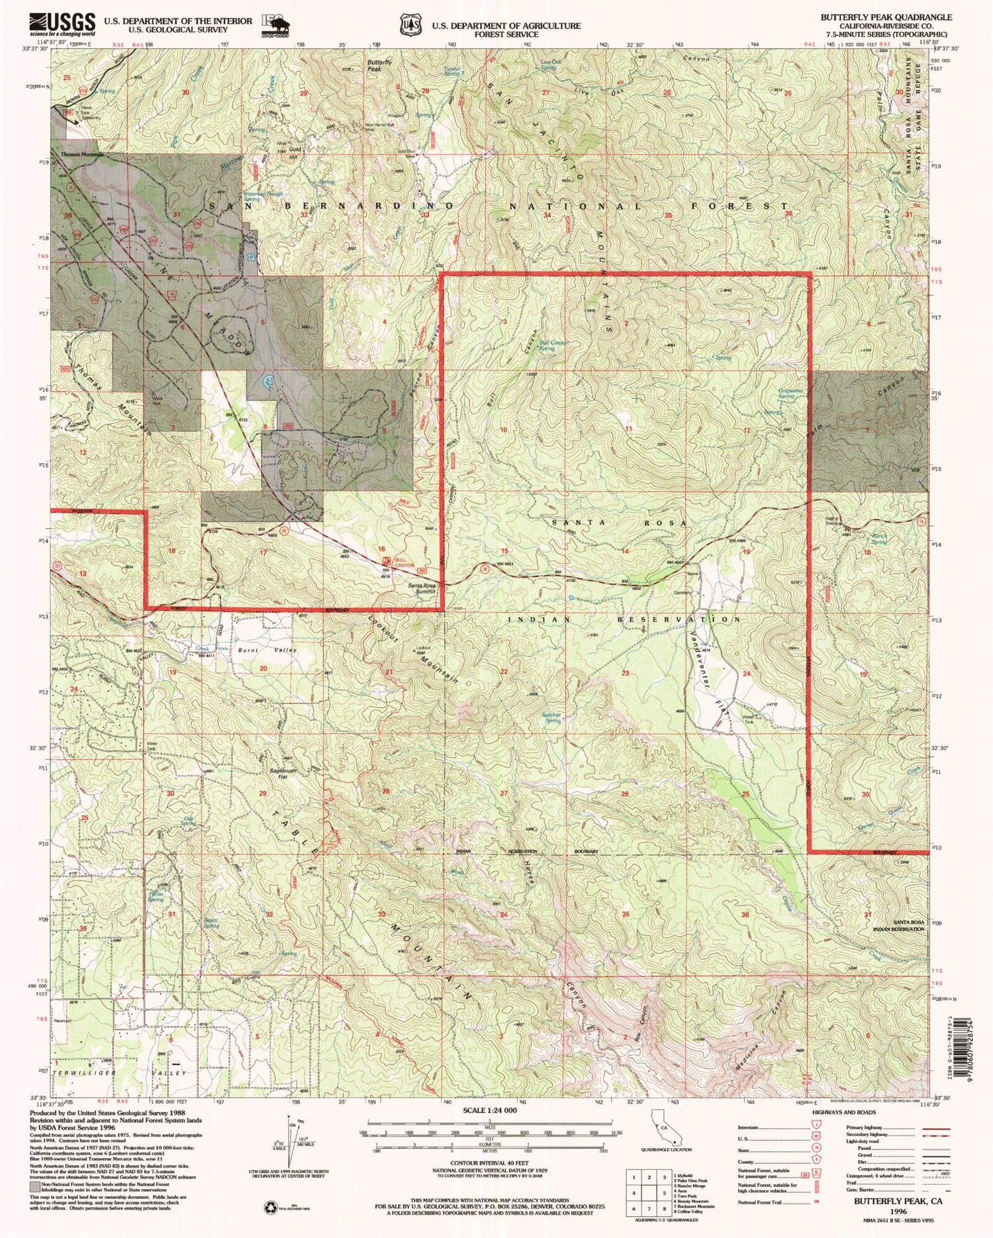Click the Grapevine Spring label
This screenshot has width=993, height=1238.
coord(790,392)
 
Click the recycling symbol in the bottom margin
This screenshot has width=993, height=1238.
coord(270,1205)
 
